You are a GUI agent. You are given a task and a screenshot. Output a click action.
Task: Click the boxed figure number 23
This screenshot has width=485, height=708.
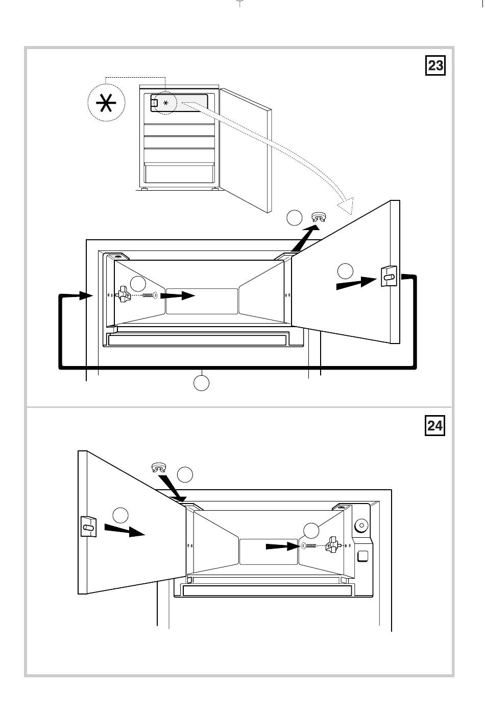pos(435,66)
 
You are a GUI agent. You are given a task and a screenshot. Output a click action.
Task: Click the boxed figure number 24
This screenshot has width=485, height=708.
pos(435,425)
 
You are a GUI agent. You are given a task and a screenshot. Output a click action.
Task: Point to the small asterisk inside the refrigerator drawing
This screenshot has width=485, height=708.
pos(165,103)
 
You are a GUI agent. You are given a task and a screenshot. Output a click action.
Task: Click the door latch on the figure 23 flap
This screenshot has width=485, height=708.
pos(389,277)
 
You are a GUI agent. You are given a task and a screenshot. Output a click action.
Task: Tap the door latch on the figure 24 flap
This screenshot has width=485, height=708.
pos(88,526)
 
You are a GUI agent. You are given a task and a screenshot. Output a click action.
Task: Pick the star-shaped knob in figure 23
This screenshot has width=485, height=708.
pos(124,295)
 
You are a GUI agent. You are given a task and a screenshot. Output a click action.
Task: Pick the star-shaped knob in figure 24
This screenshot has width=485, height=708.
pos(335,545)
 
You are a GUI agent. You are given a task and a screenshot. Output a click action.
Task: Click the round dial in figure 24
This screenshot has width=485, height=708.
pos(361,525)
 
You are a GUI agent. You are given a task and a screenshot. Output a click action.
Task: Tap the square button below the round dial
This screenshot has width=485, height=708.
pos(363,556)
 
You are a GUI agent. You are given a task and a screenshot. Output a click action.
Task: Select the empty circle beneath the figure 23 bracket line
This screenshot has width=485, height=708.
pos(202,383)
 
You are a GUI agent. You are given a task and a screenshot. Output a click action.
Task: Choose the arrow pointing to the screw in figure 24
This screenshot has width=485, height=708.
pos(282,546)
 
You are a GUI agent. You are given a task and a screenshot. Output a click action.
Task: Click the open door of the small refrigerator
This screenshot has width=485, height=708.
pos(246,151)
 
